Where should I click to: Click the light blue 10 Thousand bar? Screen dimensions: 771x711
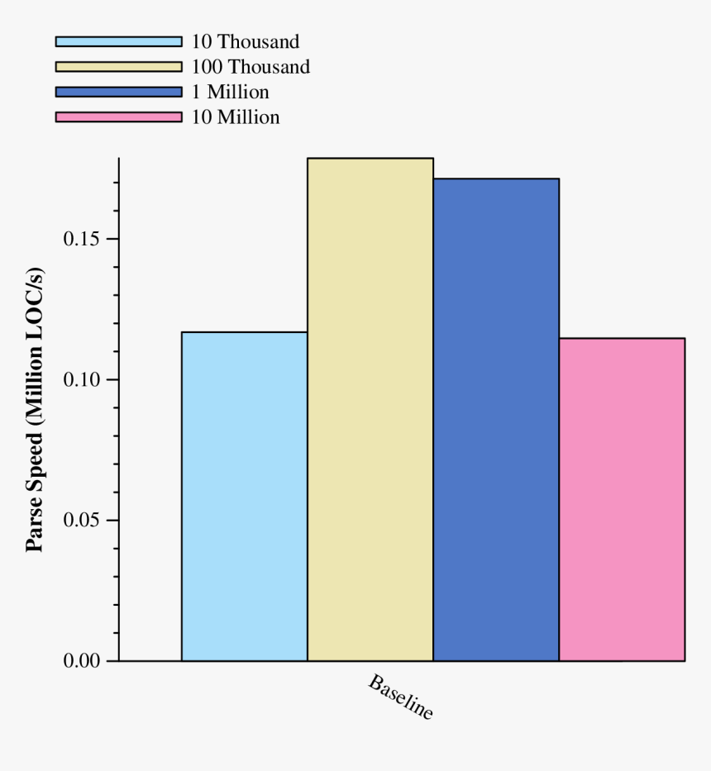[245, 496]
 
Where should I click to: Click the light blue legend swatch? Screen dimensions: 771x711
[118, 41]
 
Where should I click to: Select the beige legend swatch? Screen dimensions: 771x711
[118, 66]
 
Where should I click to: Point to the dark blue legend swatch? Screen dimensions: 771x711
[118, 92]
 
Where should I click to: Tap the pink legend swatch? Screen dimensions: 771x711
[118, 117]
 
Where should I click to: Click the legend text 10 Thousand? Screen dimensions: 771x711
[246, 41]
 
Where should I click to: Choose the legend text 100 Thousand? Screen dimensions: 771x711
[251, 67]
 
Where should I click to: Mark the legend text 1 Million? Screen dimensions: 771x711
[231, 92]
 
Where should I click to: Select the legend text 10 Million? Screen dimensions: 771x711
[236, 117]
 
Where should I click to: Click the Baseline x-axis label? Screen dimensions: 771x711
[400, 698]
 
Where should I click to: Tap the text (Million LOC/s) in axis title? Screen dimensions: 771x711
[35, 347]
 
